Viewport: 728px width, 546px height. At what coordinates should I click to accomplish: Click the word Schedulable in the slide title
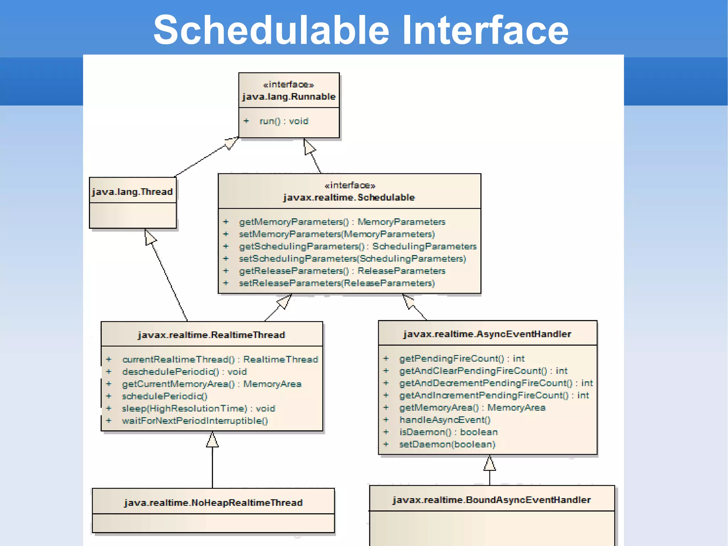[x=271, y=30]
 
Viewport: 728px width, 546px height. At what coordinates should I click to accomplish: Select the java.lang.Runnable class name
[x=289, y=96]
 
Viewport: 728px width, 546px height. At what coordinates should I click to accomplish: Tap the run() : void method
[x=284, y=121]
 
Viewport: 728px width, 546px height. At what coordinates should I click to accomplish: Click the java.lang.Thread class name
[x=132, y=192]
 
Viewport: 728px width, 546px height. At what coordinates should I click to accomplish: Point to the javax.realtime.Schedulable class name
[x=349, y=197]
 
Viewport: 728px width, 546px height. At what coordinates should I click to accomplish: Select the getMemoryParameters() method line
[x=342, y=222]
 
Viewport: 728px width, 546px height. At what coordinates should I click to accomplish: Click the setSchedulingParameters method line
[x=352, y=259]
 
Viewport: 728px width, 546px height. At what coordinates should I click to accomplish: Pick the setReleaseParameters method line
[x=337, y=283]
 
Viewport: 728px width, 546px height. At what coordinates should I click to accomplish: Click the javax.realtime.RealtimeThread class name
[x=212, y=335]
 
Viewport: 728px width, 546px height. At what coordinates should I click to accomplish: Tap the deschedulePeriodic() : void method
[x=184, y=372]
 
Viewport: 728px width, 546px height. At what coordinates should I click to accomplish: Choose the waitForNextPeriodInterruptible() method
[x=195, y=421]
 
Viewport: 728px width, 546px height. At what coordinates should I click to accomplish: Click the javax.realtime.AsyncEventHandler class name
[x=487, y=334]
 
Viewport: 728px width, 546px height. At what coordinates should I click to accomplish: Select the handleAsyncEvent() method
[x=445, y=420]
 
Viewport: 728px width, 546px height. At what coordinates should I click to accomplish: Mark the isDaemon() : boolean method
[x=448, y=432]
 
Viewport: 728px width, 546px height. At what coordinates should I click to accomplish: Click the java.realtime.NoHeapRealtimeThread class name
[x=213, y=503]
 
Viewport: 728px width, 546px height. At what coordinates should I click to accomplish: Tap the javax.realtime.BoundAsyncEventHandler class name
[x=492, y=500]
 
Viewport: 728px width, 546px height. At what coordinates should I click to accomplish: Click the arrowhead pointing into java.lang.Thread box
[x=150, y=237]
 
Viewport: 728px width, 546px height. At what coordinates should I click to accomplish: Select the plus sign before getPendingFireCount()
[x=386, y=359]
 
